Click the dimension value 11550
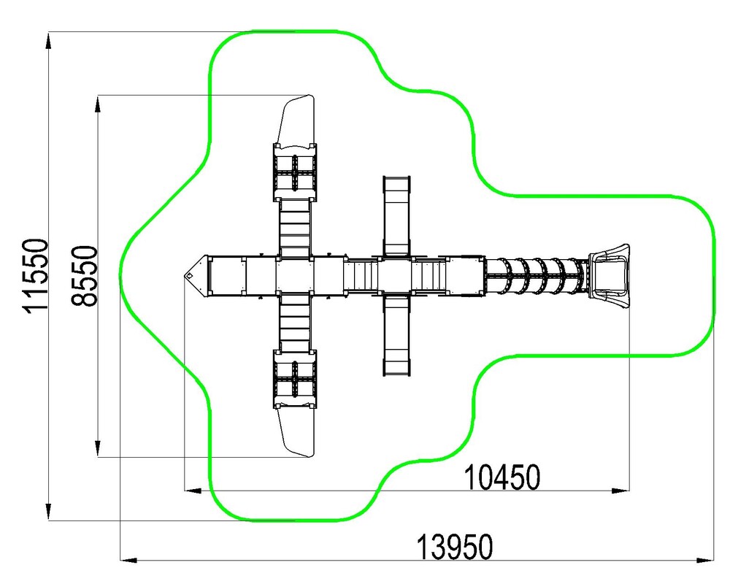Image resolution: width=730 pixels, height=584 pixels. click(35, 276)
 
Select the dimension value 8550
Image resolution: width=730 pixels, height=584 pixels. click(85, 276)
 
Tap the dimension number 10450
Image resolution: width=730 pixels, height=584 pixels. click(503, 477)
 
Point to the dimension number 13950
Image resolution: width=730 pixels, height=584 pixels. click(454, 547)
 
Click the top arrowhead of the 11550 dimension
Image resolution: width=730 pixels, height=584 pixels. click(48, 40)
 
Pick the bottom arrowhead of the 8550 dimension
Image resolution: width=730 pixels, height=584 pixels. click(97, 449)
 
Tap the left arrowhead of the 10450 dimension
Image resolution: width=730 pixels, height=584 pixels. click(193, 491)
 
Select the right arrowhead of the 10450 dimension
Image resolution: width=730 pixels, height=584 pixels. click(620, 491)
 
